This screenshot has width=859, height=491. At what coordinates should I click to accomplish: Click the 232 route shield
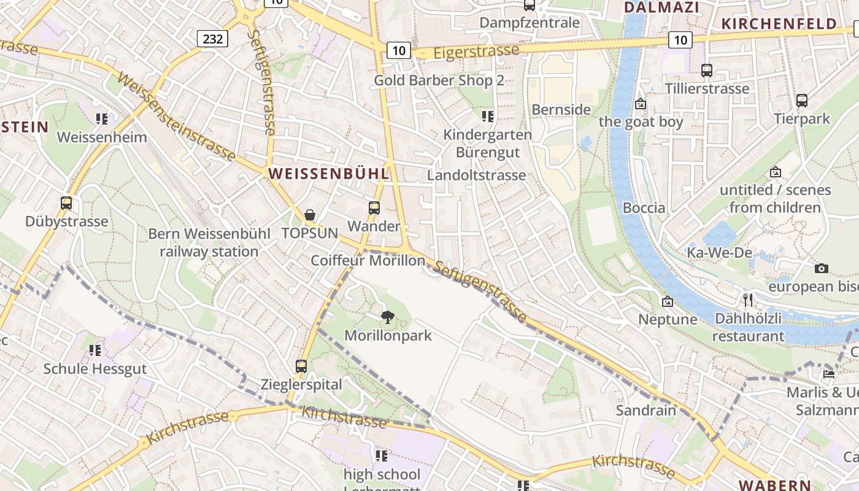[x=213, y=39]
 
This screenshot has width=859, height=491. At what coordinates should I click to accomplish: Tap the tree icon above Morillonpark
[x=387, y=317]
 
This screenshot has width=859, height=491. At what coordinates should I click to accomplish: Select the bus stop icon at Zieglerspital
[x=301, y=366]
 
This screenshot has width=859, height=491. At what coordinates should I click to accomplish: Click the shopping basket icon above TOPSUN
[x=310, y=215]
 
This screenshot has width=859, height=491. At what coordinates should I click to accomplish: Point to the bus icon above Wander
[x=374, y=208]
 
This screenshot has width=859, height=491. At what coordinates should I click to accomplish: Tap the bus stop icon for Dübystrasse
[x=66, y=203]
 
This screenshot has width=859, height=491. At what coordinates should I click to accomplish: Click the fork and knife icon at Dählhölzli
[x=748, y=300]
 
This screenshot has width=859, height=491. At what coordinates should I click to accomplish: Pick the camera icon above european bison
[x=821, y=268]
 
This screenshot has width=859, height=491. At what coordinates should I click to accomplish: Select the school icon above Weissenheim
[x=102, y=118]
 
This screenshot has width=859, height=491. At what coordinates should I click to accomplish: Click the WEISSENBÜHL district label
[x=329, y=174]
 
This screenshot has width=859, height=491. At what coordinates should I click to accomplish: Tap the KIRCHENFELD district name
[x=779, y=24]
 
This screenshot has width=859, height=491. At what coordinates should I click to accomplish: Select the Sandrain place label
[x=646, y=410]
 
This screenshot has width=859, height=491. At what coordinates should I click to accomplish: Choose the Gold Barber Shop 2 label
[x=439, y=80]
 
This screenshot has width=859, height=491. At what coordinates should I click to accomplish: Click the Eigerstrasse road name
[x=476, y=52]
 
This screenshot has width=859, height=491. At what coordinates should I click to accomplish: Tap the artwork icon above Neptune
[x=668, y=301]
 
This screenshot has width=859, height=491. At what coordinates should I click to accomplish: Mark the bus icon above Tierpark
[x=801, y=101]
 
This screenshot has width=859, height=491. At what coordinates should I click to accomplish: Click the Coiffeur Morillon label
[x=368, y=260]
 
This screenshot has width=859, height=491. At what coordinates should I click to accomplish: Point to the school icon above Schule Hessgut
[x=94, y=350]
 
